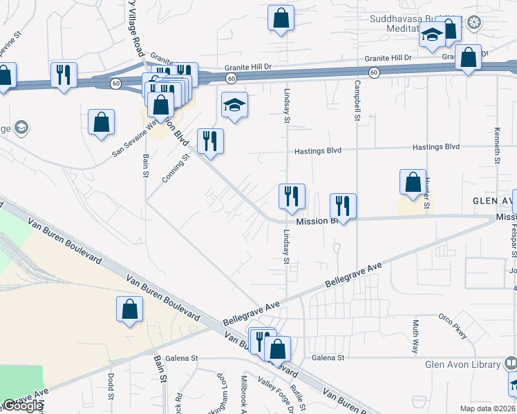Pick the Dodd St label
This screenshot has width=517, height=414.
[x=111, y=388]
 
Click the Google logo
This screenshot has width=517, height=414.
[x=22, y=406]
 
